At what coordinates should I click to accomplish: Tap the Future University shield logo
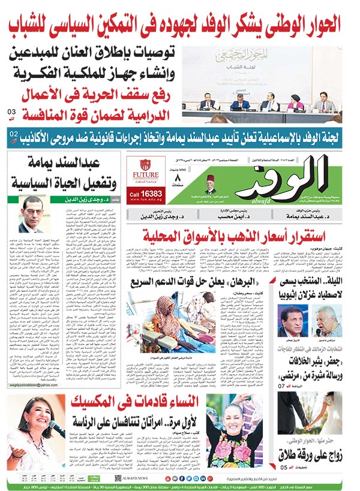pyautogui.click(x=144, y=165)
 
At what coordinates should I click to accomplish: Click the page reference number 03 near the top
pyautogui.click(x=11, y=112)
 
